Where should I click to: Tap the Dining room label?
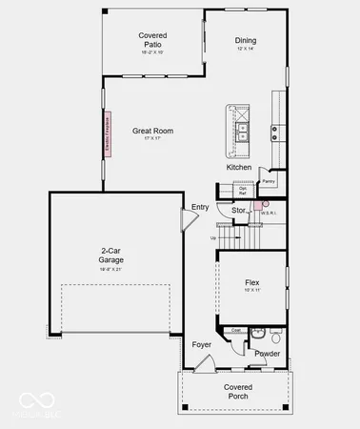point(246,41)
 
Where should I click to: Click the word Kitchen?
point(239,168)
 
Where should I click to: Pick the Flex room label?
point(252,283)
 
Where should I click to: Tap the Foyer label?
point(202,344)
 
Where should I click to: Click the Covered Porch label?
point(237,392)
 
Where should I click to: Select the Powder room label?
point(267,354)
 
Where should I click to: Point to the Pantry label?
point(269,180)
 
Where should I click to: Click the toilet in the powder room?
point(275,337)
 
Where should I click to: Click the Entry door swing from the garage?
point(189,221)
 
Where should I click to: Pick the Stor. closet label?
point(239,210)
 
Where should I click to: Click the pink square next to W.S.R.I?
point(269,203)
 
